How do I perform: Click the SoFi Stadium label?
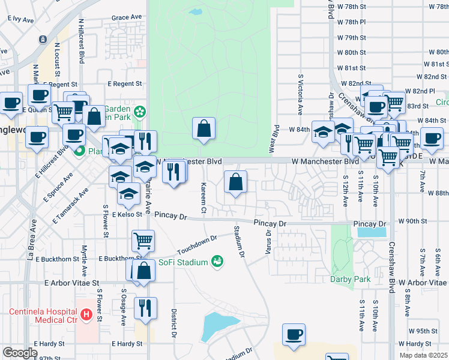(183, 262)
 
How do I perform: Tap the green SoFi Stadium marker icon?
(217, 262)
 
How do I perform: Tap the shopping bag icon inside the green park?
(204, 128)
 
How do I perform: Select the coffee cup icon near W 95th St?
(294, 335)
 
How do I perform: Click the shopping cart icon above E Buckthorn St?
(143, 241)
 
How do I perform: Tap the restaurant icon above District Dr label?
(145, 308)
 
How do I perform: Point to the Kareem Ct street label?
(203, 198)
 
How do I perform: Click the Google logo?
(19, 353)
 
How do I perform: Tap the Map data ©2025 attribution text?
(424, 355)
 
